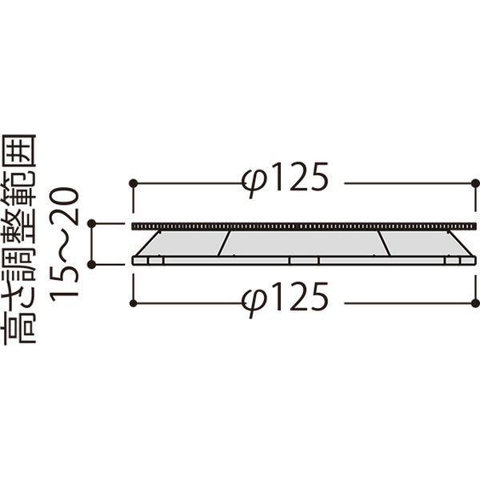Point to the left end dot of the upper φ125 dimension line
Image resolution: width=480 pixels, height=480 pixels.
pos(133,183)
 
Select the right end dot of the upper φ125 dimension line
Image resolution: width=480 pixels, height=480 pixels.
pos(476,183)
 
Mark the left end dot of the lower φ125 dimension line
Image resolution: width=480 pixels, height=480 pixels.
pos(133,303)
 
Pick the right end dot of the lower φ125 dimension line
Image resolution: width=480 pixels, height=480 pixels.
pos(476,303)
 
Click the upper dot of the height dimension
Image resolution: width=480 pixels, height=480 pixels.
pos(91,224)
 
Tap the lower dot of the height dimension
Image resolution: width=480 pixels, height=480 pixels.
pos(91,265)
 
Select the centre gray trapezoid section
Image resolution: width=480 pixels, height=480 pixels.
pos(305,243)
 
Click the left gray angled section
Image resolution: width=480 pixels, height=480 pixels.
pos(182,243)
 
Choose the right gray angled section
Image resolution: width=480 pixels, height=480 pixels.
pos(426,243)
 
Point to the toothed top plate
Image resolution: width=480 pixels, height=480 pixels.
pos(304,226)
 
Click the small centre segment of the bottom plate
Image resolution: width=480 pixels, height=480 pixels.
pos(304,261)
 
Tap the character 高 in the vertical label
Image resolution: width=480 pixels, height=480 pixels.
pos(19,328)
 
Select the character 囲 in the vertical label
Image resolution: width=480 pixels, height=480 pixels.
pos(19,151)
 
